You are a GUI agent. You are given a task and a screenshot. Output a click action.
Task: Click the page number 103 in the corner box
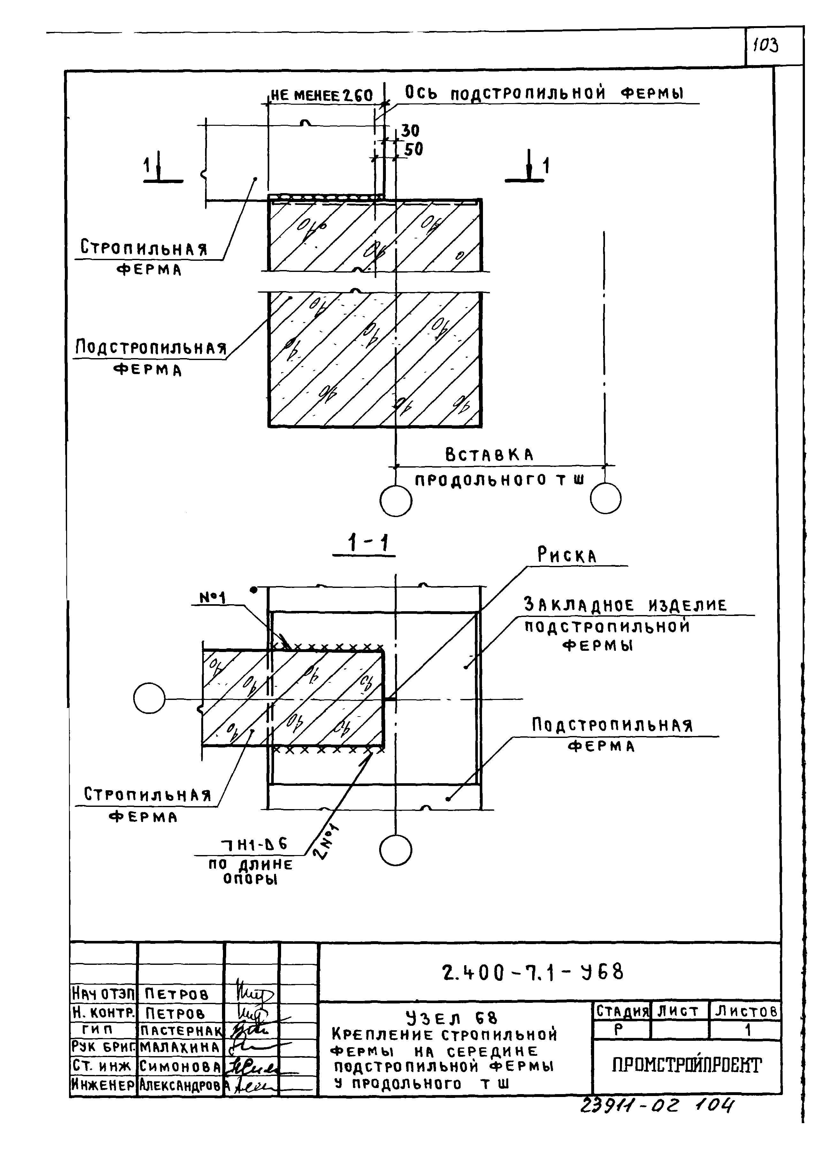pyautogui.click(x=766, y=46)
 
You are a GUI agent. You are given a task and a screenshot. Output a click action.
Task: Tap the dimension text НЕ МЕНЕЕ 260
pyautogui.click(x=321, y=95)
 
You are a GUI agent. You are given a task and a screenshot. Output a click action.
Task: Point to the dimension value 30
pyautogui.click(x=410, y=131)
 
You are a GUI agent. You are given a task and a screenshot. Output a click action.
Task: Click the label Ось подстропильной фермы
pyautogui.click(x=544, y=93)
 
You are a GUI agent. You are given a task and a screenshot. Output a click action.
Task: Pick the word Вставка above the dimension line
pyautogui.click(x=489, y=455)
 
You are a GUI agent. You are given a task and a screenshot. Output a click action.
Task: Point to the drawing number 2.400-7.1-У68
pyautogui.click(x=532, y=972)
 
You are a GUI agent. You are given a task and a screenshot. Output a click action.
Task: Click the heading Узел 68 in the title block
pyautogui.click(x=452, y=1018)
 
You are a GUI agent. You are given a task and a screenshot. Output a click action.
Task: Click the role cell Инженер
pyautogui.click(x=103, y=1085)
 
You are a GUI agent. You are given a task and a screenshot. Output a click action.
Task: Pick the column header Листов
pyautogui.click(x=745, y=1012)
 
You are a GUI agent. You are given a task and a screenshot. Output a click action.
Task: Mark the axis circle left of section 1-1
pyautogui.click(x=149, y=700)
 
